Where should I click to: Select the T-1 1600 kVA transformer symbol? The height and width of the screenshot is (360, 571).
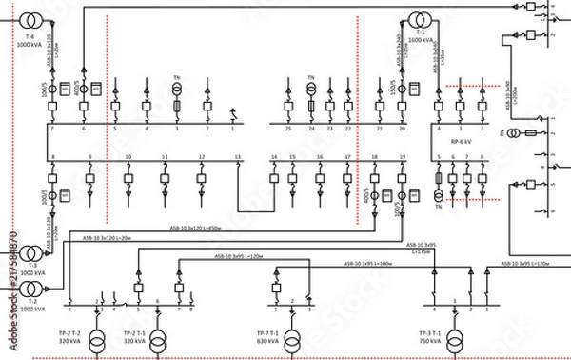click(417, 20)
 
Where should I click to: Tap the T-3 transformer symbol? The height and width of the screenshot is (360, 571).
click(30, 253)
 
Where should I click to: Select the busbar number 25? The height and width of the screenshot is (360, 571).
click(287, 128)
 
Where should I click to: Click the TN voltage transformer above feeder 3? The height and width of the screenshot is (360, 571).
click(176, 90)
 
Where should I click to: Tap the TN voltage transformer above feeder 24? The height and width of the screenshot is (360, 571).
click(310, 90)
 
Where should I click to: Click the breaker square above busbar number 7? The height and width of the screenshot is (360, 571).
click(53, 108)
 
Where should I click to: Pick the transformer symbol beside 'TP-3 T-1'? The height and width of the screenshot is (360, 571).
click(454, 336)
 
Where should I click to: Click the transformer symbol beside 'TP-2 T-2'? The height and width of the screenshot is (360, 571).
click(95, 336)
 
